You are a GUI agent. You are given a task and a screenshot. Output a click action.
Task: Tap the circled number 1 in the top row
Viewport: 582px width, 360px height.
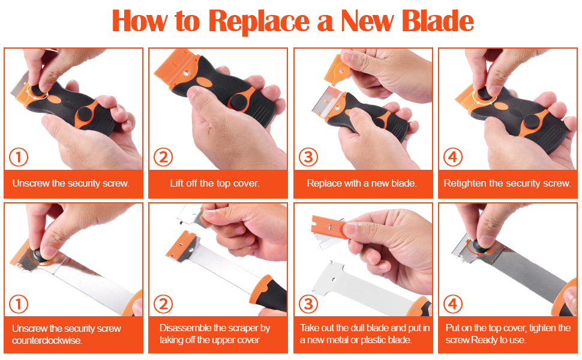tap(19, 157)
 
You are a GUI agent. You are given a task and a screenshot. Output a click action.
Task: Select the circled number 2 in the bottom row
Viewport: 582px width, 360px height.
tap(163, 304)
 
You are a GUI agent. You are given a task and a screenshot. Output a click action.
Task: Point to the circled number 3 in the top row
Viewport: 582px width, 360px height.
tap(308, 157)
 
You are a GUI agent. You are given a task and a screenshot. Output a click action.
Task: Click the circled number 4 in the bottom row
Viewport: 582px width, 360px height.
tap(453, 304)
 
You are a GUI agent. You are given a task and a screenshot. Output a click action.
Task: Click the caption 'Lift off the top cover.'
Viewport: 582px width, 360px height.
tap(215, 184)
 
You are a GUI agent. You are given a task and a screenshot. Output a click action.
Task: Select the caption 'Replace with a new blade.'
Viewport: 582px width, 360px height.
tap(362, 184)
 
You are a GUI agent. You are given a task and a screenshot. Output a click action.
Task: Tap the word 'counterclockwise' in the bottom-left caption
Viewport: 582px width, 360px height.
tap(47, 340)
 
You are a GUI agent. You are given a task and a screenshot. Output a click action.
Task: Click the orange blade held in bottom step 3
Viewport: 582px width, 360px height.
tap(328, 226)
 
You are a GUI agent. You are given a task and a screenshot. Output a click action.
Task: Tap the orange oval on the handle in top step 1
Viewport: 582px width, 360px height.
tap(55, 100)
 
